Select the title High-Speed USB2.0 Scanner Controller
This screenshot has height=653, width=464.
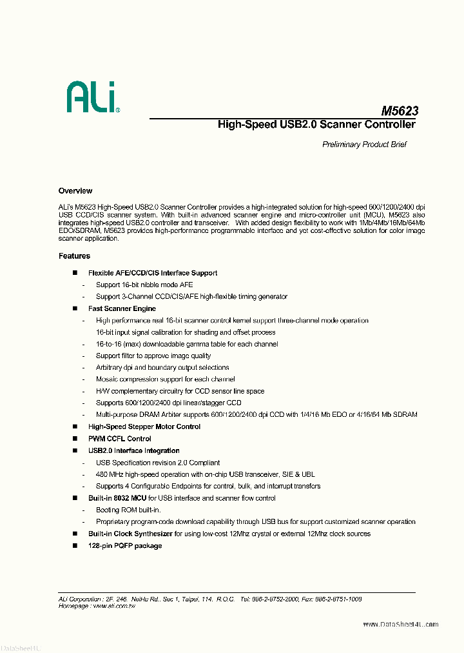tap(316, 125)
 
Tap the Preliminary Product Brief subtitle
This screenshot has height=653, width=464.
tap(364, 145)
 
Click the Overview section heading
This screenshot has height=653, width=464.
tap(75, 191)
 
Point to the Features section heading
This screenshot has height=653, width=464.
tap(74, 256)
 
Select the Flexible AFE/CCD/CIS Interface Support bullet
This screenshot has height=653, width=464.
tap(153, 273)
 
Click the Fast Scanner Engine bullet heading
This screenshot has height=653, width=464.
tap(122, 308)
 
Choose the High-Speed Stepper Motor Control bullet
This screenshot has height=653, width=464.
tap(144, 427)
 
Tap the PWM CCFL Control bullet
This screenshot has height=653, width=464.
tap(120, 439)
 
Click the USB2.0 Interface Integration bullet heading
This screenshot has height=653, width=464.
tap(134, 450)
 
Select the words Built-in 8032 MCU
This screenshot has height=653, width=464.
tap(117, 498)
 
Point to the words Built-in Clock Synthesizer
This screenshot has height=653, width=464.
tap(130, 534)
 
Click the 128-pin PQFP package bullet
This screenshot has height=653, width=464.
tap(125, 546)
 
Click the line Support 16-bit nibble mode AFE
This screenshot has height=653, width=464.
tap(144, 285)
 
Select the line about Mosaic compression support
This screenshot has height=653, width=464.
tap(165, 379)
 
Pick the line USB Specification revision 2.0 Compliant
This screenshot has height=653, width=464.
tap(158, 463)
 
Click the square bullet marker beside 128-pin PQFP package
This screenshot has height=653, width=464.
tap(75, 546)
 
